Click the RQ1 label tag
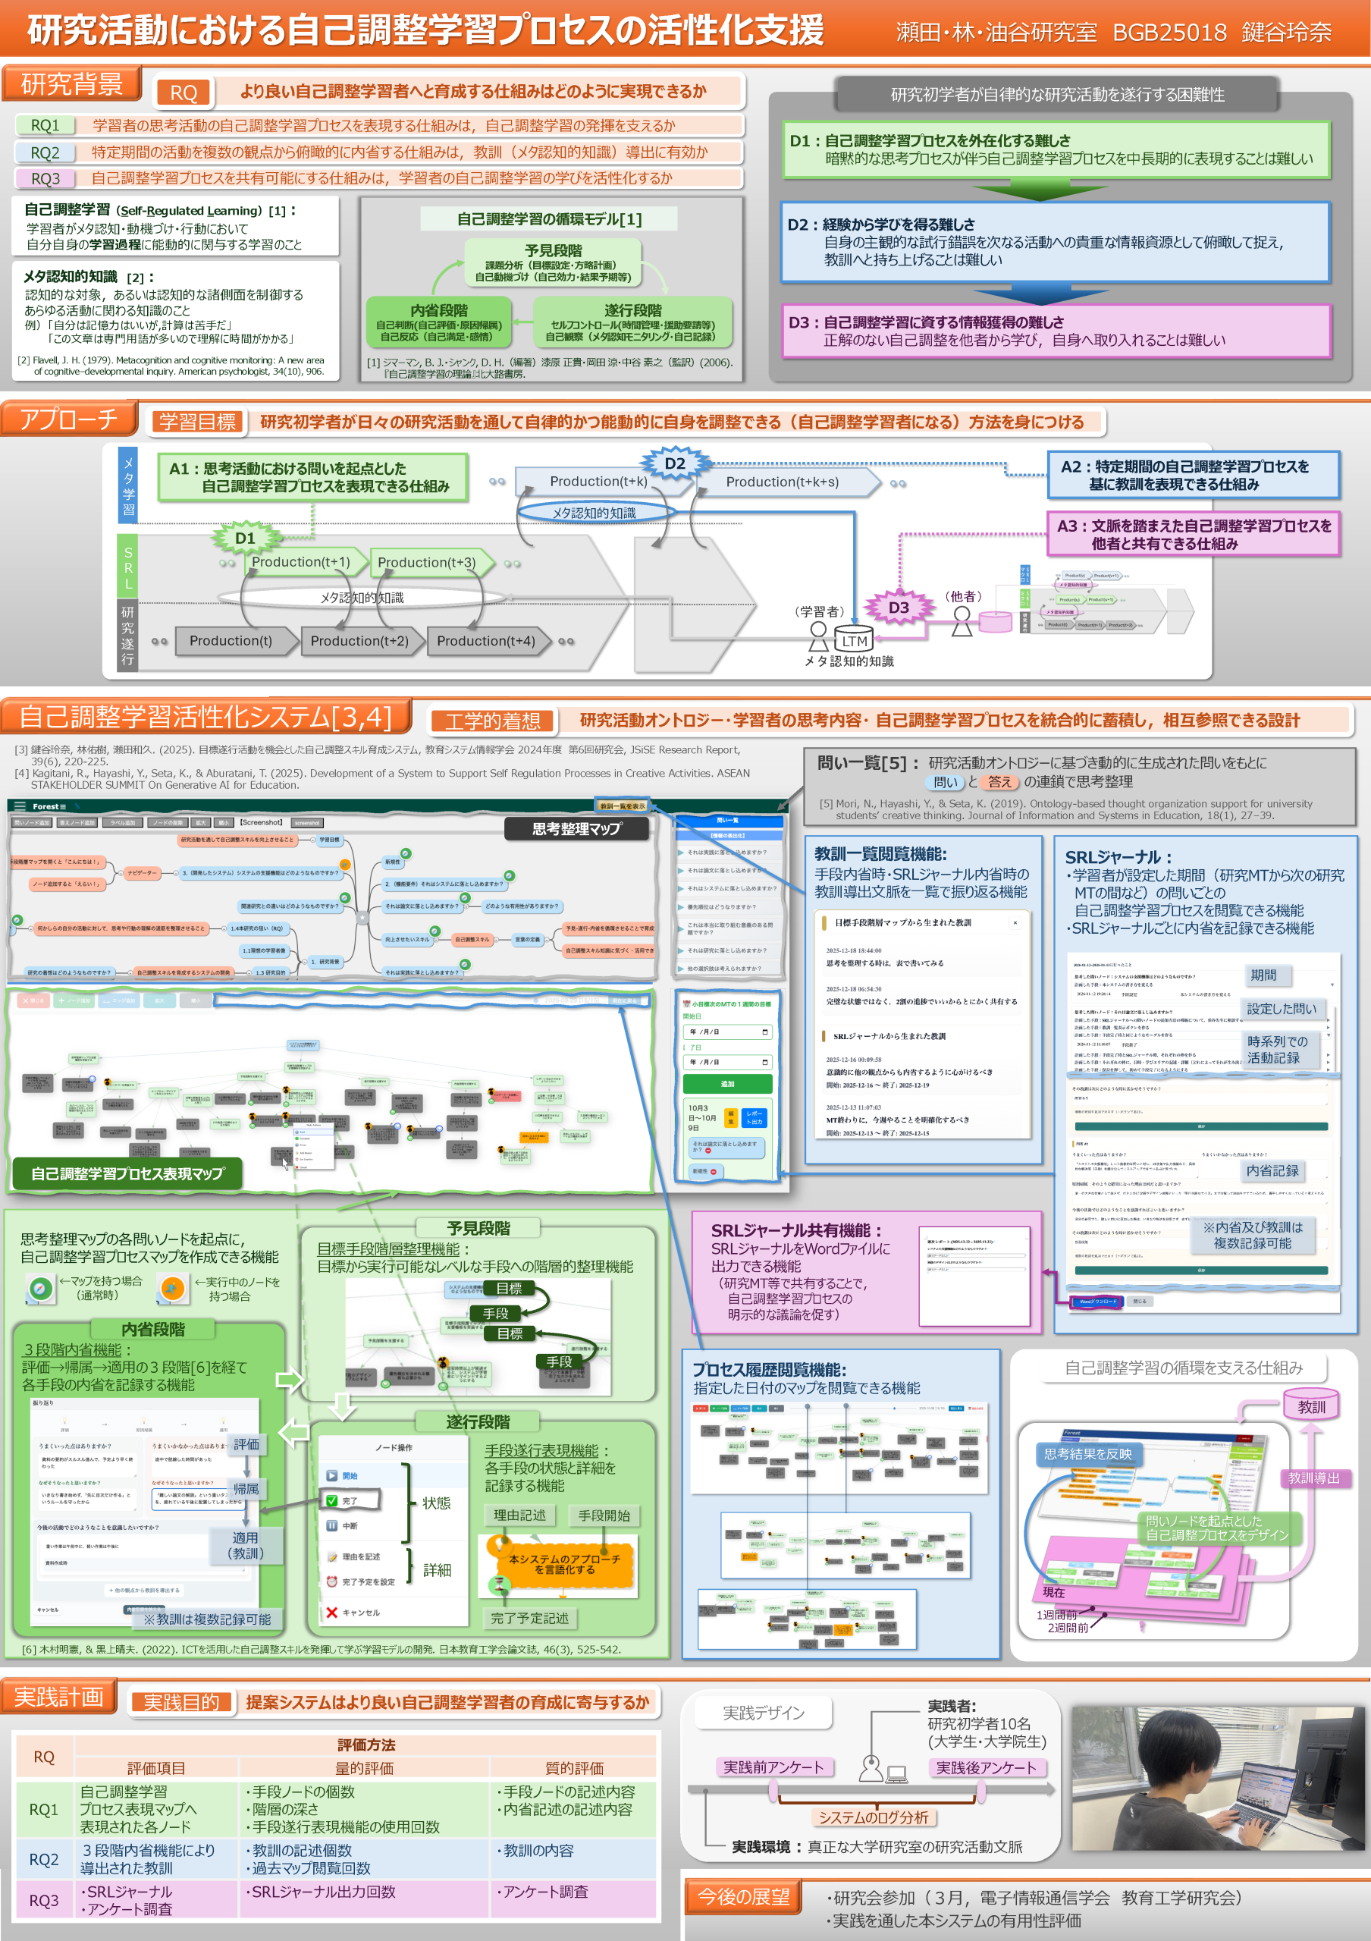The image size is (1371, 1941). click(x=45, y=125)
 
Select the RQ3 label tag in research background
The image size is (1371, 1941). click(x=45, y=178)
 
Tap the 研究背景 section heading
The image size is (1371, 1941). click(x=71, y=83)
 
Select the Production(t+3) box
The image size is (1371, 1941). click(x=426, y=562)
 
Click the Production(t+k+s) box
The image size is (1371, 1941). click(x=782, y=482)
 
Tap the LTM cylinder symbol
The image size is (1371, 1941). click(x=853, y=640)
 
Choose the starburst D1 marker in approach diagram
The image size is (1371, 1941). click(x=244, y=538)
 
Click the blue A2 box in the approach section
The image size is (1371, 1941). click(x=1193, y=474)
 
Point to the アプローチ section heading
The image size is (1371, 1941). click(x=68, y=419)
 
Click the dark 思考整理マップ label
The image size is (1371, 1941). click(x=576, y=828)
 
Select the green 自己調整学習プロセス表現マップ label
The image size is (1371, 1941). click(x=127, y=1173)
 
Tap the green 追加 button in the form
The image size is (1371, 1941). click(x=727, y=1083)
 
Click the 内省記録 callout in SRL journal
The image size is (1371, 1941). click(x=1272, y=1170)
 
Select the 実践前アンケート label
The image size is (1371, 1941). click(x=773, y=1767)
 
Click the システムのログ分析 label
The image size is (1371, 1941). click(x=872, y=1817)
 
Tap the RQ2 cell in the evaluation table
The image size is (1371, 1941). click(x=44, y=1859)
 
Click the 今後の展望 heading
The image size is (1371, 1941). click(x=743, y=1896)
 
